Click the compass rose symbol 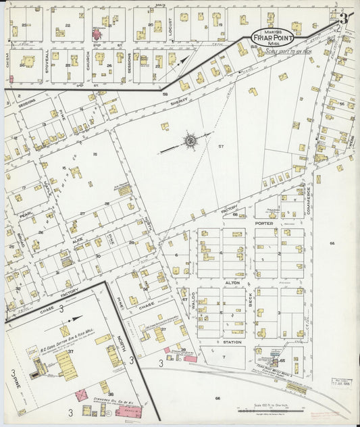point(190,141)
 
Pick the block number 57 point(221,145)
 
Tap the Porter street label point(263,222)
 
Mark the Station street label point(232,342)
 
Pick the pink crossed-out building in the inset point(81,395)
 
